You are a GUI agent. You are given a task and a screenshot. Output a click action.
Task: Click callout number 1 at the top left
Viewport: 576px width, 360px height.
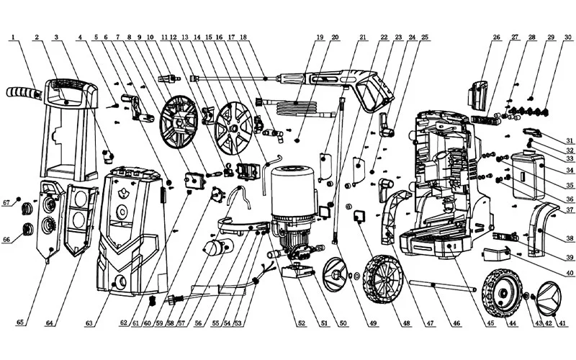(x=13, y=37)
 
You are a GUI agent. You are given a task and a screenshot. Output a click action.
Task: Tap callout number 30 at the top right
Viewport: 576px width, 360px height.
(x=568, y=37)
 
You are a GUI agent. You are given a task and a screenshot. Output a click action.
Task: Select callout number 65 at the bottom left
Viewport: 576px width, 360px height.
(x=20, y=322)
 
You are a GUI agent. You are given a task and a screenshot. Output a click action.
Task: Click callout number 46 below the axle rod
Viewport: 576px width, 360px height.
(x=456, y=323)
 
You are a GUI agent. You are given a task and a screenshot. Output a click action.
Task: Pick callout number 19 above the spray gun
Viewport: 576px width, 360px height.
(x=320, y=37)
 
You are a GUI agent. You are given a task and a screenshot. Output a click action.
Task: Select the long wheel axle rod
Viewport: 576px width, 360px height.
(x=443, y=285)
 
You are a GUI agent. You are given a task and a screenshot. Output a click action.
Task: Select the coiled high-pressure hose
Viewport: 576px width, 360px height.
(x=296, y=107)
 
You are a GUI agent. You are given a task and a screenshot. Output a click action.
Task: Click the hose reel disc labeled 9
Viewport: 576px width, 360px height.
(x=180, y=122)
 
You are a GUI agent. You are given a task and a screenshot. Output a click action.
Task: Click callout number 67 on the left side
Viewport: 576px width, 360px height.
(x=6, y=202)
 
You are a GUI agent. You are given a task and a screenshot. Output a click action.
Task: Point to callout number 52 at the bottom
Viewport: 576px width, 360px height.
(x=302, y=323)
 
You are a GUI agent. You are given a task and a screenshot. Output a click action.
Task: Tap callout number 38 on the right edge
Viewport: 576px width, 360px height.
(x=570, y=239)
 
